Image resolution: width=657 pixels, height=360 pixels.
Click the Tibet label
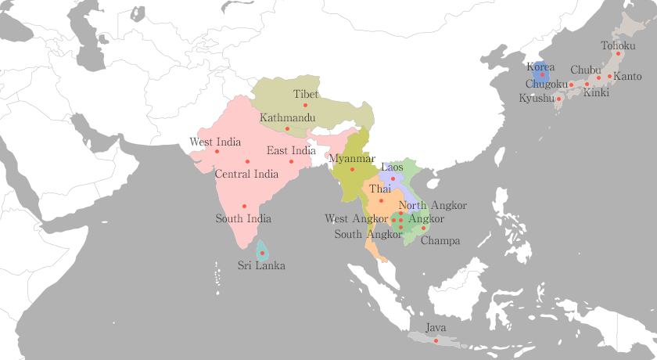306,94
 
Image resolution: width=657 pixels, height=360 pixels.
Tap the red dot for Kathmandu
287,128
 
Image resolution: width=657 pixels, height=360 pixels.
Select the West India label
214,142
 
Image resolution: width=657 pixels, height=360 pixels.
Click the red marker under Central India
247,161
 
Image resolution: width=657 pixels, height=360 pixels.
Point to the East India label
291,150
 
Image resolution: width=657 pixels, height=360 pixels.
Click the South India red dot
244,206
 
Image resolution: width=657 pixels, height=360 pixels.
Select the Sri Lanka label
261,265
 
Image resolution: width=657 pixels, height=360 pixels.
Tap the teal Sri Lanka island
262,251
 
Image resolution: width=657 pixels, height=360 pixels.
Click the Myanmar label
352,158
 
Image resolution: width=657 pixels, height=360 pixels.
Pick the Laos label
392,167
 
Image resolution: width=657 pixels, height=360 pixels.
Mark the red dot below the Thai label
381,200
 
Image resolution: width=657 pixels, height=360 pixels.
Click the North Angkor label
433,205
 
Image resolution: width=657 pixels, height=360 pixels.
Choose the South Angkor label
368,234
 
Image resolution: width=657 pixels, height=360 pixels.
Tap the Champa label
440,240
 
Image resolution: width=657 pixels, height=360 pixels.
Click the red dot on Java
436,340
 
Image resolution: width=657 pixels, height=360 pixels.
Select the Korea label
540,67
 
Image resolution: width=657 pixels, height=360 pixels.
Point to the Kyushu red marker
558,99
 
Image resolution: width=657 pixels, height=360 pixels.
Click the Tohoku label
618,45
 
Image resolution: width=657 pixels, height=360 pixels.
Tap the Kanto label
627,77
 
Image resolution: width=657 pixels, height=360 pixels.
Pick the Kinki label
596,92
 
